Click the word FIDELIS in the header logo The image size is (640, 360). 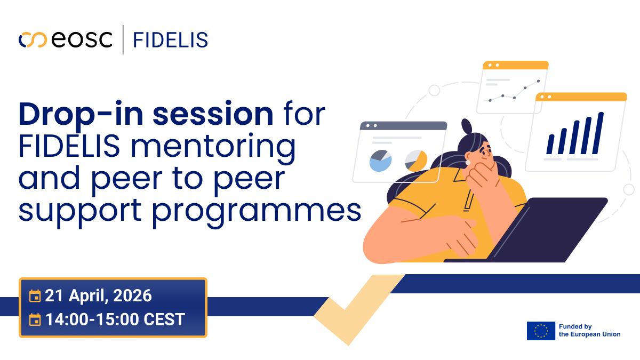(x=170, y=39)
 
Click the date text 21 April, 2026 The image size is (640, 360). (x=98, y=295)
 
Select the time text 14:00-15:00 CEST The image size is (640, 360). (x=115, y=319)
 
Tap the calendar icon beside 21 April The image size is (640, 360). (x=35, y=295)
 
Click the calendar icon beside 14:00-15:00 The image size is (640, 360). (x=35, y=320)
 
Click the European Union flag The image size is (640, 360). (x=541, y=331)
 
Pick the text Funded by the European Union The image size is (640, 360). (x=589, y=330)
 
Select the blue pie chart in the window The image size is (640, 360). (x=380, y=161)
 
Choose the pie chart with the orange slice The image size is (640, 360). (x=416, y=159)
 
